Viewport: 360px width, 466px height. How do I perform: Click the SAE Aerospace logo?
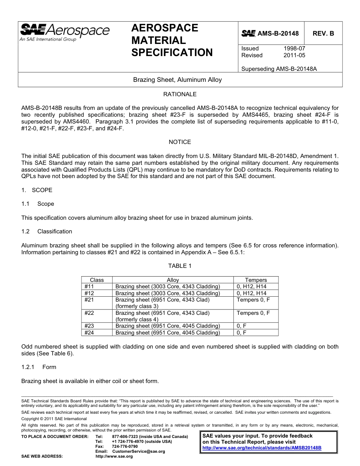point(64,32)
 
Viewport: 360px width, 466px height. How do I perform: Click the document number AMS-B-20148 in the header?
point(278,33)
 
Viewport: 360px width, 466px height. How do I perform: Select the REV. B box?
point(323,33)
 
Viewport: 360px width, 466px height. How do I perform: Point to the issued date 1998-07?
point(294,48)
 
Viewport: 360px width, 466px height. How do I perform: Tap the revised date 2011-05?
point(294,55)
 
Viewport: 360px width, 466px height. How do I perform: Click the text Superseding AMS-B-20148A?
point(279,69)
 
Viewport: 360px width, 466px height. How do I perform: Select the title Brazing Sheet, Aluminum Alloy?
point(177,80)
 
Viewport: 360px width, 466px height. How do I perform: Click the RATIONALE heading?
point(180,94)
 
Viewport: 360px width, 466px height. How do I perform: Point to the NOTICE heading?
point(180,142)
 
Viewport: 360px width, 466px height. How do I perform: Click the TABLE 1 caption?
point(180,266)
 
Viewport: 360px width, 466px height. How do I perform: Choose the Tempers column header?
point(256,280)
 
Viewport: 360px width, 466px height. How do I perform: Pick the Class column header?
point(97,280)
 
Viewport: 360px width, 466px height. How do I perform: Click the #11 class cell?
point(89,286)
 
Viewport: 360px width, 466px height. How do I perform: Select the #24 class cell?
point(89,333)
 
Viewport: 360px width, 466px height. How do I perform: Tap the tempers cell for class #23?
point(242,326)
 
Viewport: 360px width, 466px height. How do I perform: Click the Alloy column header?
point(173,280)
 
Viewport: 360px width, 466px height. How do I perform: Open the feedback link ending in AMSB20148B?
point(262,447)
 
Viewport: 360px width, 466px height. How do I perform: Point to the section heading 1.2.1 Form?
point(39,367)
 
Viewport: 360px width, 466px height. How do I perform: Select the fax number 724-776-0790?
point(125,446)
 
